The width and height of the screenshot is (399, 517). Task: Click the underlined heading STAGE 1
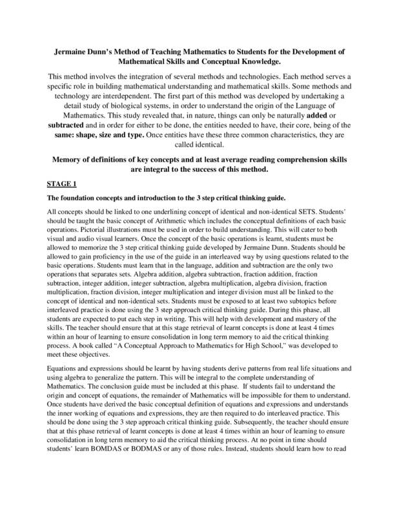(x=63, y=184)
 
